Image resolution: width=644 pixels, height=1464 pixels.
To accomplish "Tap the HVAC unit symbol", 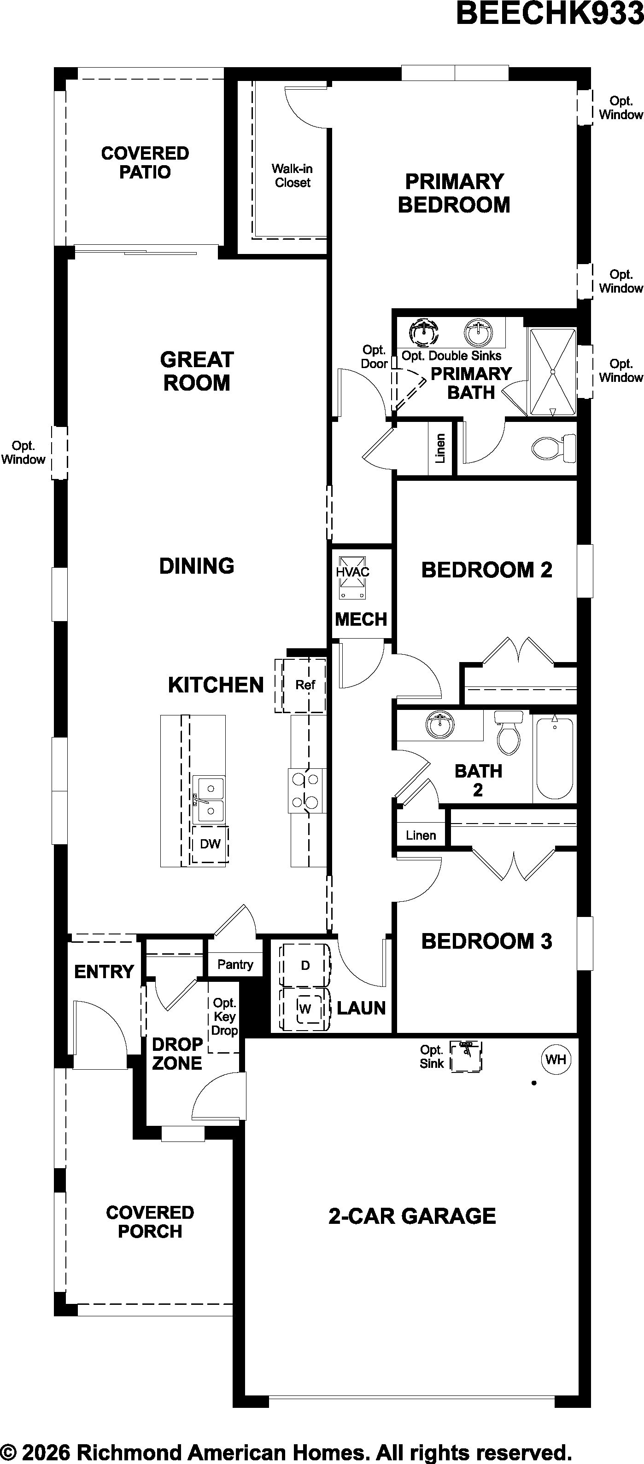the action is [353, 577].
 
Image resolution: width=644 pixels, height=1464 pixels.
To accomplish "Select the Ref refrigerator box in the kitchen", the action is [300, 686].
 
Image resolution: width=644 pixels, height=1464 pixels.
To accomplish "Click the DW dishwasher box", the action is [210, 845].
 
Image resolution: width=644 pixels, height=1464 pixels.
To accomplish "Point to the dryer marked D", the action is [305, 965].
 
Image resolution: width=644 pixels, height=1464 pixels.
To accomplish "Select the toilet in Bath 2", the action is [508, 733].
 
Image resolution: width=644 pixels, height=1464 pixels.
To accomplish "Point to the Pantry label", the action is [235, 964].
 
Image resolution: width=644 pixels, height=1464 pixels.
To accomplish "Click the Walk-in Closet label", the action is [292, 176].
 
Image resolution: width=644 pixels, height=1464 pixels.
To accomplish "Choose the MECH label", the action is [361, 619].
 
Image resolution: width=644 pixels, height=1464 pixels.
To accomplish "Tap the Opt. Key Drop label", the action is [225, 1017].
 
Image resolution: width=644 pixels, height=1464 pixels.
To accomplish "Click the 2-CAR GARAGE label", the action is [412, 1216].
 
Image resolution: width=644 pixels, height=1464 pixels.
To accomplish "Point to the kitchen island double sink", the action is [208, 800].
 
